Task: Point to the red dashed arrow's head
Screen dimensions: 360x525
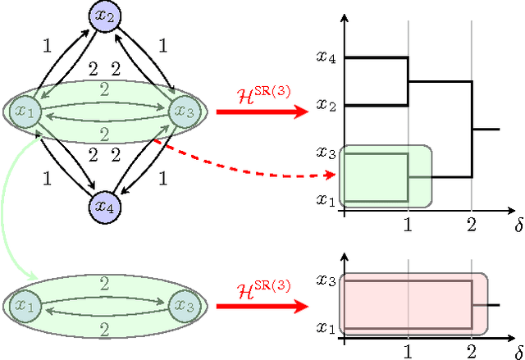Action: point(331,175)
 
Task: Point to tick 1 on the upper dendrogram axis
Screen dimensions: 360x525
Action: point(408,224)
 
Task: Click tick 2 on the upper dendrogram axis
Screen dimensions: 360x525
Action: point(472,224)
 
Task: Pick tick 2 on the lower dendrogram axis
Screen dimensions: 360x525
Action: point(472,352)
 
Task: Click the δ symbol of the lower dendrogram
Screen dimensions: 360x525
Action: point(517,351)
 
